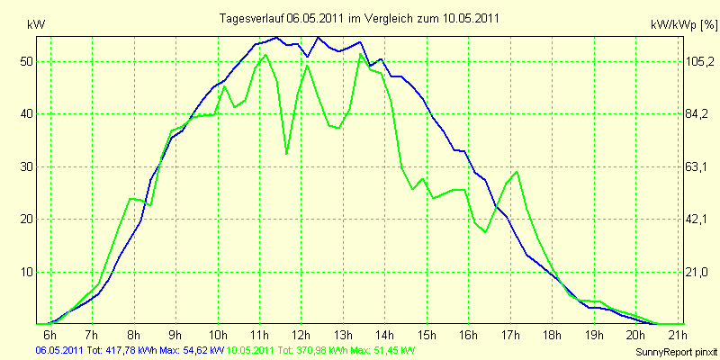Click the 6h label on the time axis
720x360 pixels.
point(50,336)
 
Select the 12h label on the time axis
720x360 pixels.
point(301,336)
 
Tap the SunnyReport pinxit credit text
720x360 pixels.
point(675,351)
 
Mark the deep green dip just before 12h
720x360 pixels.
point(287,154)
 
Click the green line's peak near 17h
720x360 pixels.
point(517,172)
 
